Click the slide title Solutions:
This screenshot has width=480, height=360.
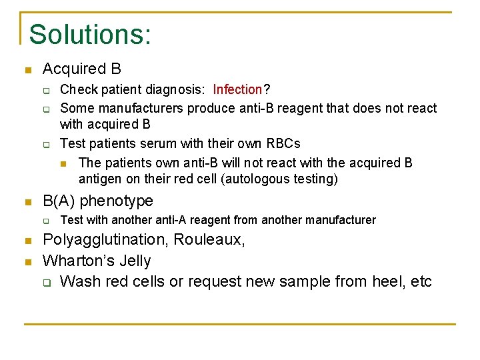[90, 35]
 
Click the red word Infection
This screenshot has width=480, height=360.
[238, 89]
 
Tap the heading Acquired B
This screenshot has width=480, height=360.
[81, 69]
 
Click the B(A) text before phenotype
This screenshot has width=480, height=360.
[60, 201]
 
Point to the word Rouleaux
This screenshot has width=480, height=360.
[213, 240]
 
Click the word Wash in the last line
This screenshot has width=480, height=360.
[79, 281]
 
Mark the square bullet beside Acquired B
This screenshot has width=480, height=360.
[27, 69]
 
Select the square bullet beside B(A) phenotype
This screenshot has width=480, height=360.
[27, 201]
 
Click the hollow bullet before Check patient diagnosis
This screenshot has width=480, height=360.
[47, 90]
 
